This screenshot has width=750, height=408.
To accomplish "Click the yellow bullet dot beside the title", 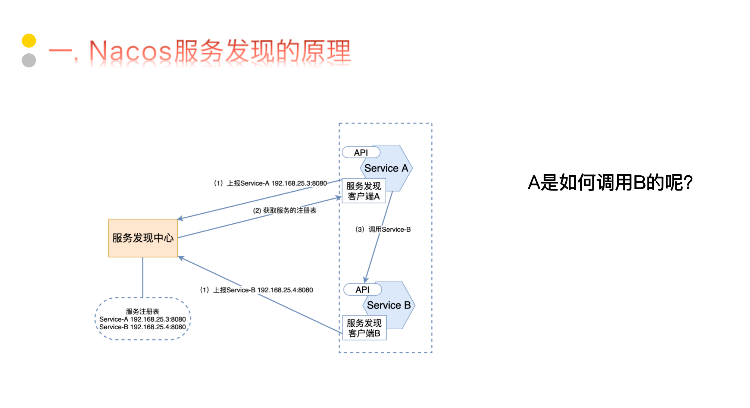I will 29,41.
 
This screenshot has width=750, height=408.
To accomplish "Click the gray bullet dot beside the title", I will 29,60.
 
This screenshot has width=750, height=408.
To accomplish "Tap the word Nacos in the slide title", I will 130,51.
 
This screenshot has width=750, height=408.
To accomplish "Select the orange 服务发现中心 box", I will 143,238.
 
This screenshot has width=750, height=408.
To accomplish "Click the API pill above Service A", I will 361,153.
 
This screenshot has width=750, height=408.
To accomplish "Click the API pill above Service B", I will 362,289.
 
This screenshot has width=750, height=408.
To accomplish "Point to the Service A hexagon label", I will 386,168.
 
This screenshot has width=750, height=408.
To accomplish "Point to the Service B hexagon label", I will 389,305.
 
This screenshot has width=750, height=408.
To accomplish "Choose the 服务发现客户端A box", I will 364,191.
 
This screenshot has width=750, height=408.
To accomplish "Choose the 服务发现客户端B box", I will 364,328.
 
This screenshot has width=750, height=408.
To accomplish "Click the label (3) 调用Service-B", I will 383,229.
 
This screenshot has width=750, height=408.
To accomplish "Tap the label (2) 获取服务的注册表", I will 285,210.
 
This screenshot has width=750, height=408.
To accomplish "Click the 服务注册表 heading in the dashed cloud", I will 143,311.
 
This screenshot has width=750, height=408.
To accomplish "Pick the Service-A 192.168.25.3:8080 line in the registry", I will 143,319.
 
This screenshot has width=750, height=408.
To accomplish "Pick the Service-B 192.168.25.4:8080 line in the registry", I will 143,327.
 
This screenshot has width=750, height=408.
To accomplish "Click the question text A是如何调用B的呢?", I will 610,183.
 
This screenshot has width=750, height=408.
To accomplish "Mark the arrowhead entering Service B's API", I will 366,280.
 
